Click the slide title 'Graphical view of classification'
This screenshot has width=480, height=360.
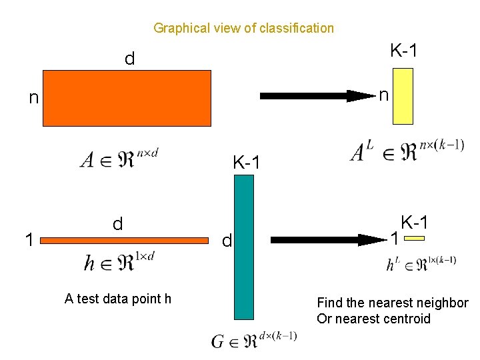[x=243, y=28]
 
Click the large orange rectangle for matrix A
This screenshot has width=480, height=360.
[x=127, y=98]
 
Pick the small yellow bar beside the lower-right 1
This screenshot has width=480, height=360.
[x=415, y=238]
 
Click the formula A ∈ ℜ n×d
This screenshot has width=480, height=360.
[x=119, y=159]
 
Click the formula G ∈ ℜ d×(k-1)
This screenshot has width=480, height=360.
[x=254, y=341]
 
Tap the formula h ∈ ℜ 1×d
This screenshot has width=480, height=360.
[x=119, y=262]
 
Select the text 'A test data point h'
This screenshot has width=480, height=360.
[x=118, y=299]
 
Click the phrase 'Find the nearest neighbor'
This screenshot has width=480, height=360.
[x=393, y=303]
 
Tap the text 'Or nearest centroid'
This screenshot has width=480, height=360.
[x=374, y=319]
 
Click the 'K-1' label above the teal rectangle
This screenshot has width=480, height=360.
[x=247, y=162]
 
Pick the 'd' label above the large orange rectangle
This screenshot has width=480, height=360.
[x=129, y=59]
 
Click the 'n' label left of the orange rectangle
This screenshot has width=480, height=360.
[x=33, y=99]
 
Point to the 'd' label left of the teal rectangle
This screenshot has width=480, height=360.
[x=227, y=241]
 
